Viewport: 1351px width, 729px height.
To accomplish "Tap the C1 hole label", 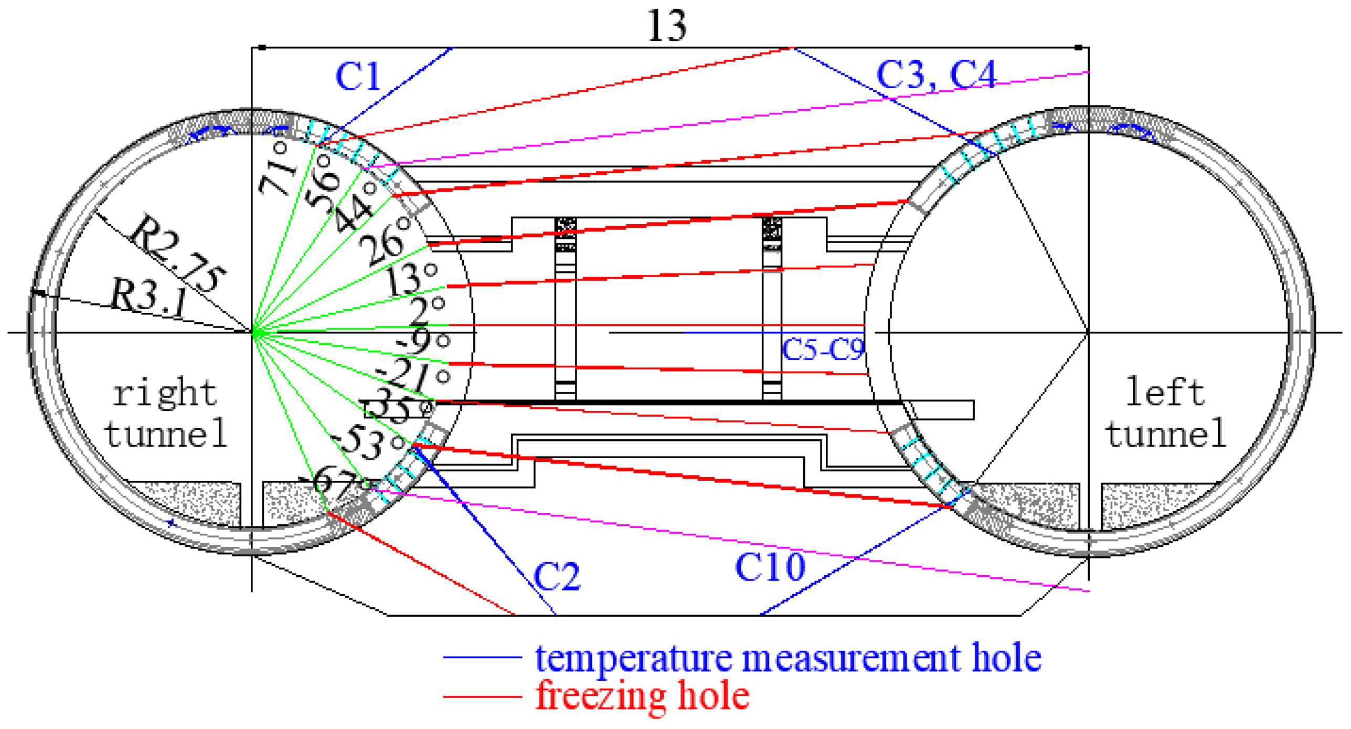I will tap(358, 77).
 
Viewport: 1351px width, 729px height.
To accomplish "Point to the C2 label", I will tap(557, 576).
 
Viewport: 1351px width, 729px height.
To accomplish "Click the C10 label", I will tap(770, 567).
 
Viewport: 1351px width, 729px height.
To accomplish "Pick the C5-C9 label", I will tap(823, 350).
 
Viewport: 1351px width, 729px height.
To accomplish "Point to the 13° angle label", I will tap(412, 279).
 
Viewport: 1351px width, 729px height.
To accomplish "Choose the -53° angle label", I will tap(369, 444).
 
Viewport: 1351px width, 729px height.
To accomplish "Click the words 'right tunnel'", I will tap(165, 414).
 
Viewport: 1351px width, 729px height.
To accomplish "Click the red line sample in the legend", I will tap(482, 697).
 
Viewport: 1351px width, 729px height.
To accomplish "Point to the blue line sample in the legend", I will tap(482, 657).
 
